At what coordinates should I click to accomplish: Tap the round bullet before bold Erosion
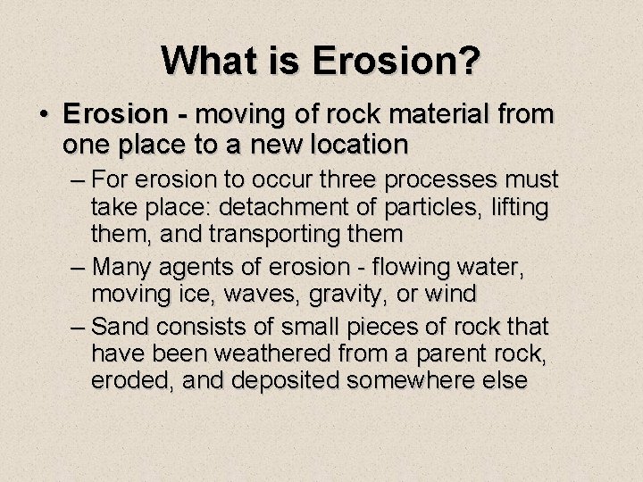coord(44,116)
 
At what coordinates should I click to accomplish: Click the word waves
coord(271,293)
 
